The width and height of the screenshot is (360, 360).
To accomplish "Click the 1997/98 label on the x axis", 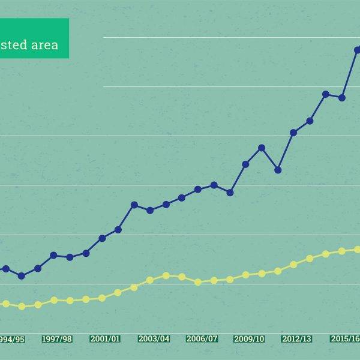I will [x=57, y=339].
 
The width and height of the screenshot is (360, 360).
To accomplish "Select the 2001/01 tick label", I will [x=105, y=339].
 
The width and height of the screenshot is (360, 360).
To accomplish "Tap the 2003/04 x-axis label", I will [x=154, y=339].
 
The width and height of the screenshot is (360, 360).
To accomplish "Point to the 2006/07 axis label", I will [x=202, y=339].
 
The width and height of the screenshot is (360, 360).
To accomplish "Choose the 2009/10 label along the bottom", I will [x=250, y=339].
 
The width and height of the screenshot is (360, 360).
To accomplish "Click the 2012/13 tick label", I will [x=297, y=339].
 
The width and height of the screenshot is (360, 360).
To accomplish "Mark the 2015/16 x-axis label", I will [x=344, y=339].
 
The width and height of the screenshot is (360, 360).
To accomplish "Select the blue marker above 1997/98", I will [x=54, y=256].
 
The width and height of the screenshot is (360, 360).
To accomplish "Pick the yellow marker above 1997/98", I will [x=54, y=300].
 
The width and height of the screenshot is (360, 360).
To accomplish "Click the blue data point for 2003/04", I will [x=150, y=211].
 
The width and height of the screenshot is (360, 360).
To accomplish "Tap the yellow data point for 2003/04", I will [x=150, y=280].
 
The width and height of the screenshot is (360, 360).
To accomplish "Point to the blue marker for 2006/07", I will [x=198, y=190].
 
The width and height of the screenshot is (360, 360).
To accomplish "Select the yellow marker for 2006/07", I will [x=198, y=282].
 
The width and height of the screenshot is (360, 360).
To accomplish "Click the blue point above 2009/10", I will [x=245, y=164].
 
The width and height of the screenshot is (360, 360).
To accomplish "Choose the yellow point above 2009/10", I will [x=245, y=275].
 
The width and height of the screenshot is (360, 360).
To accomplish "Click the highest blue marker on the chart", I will [x=358, y=50].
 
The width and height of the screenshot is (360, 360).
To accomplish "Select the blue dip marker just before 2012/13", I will [x=278, y=170].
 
